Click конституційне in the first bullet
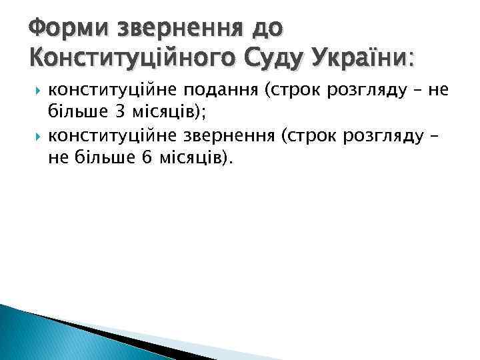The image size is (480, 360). click(107, 92)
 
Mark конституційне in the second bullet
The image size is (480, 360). click(107, 137)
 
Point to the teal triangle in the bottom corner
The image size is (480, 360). click(40, 337)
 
